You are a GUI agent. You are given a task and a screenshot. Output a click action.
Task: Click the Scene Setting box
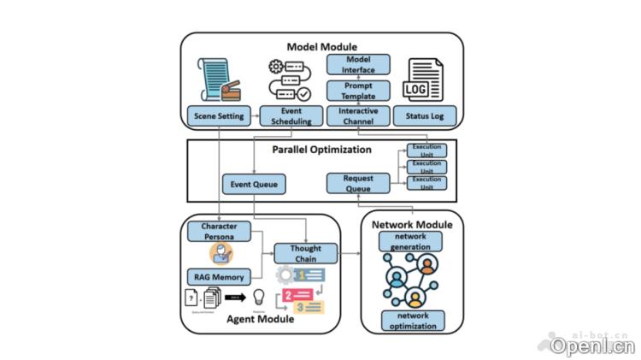click(219, 115)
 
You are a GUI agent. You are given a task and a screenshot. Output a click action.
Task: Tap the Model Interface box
click(358, 63)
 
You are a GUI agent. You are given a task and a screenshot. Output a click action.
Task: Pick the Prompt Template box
click(358, 90)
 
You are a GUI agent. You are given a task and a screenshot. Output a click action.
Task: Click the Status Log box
click(425, 115)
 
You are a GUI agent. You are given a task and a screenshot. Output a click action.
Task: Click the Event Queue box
click(253, 184)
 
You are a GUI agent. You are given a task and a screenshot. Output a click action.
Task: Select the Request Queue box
click(358, 183)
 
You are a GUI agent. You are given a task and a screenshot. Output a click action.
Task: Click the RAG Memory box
click(219, 276)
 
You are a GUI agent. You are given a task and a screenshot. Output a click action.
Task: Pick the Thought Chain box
click(305, 252)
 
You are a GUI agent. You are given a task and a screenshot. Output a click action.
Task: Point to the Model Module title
click(320, 45)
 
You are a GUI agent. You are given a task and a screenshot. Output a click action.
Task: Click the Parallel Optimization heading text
click(321, 150)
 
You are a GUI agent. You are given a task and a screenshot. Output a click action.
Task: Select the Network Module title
click(413, 224)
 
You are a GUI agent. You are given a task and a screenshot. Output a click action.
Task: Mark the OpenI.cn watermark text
click(592, 346)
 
